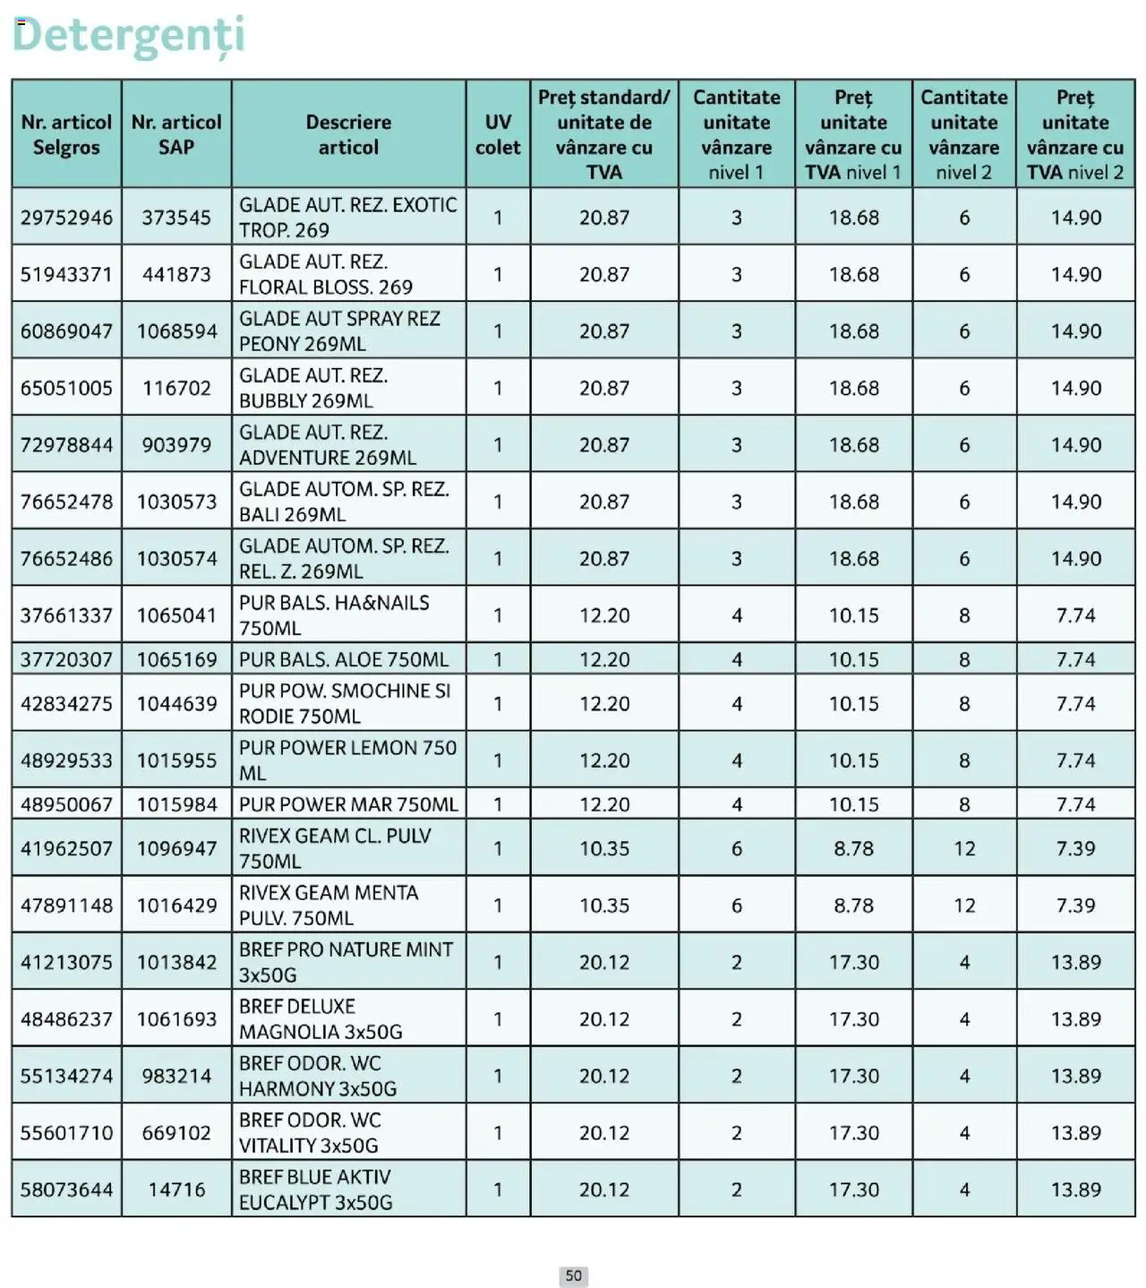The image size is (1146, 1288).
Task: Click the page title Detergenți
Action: pyautogui.click(x=128, y=36)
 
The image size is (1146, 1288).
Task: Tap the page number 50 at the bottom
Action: pyautogui.click(x=573, y=1275)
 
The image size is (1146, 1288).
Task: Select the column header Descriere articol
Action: pyautogui.click(x=348, y=134)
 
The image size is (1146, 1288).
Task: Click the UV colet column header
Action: pyautogui.click(x=498, y=134)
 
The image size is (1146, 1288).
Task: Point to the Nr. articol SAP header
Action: pyautogui.click(x=176, y=134)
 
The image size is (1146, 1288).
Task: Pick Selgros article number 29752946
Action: pyautogui.click(x=67, y=218)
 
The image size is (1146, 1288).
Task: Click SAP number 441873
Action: pyautogui.click(x=176, y=274)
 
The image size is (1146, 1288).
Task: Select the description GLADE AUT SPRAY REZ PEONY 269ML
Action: pyautogui.click(x=339, y=331)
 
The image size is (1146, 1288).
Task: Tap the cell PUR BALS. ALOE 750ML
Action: pyautogui.click(x=343, y=659)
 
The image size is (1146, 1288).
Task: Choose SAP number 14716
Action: pyautogui.click(x=176, y=1189)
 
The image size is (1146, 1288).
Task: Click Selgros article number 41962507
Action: pyautogui.click(x=67, y=848)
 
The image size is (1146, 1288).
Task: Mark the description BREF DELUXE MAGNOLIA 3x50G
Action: pyautogui.click(x=320, y=1019)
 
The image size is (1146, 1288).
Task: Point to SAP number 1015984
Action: pyautogui.click(x=176, y=804)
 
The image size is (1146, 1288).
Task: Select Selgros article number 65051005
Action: pyautogui.click(x=67, y=388)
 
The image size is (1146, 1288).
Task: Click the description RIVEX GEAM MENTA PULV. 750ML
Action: pyautogui.click(x=328, y=906)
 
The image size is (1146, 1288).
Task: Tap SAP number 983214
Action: pyautogui.click(x=176, y=1076)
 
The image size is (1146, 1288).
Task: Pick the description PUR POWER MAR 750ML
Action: pyautogui.click(x=347, y=804)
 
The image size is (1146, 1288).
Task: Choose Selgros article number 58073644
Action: pyautogui.click(x=67, y=1189)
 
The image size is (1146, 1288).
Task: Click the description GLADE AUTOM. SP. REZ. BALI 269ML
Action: pyautogui.click(x=343, y=502)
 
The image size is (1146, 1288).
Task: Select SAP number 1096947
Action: pyautogui.click(x=176, y=848)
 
